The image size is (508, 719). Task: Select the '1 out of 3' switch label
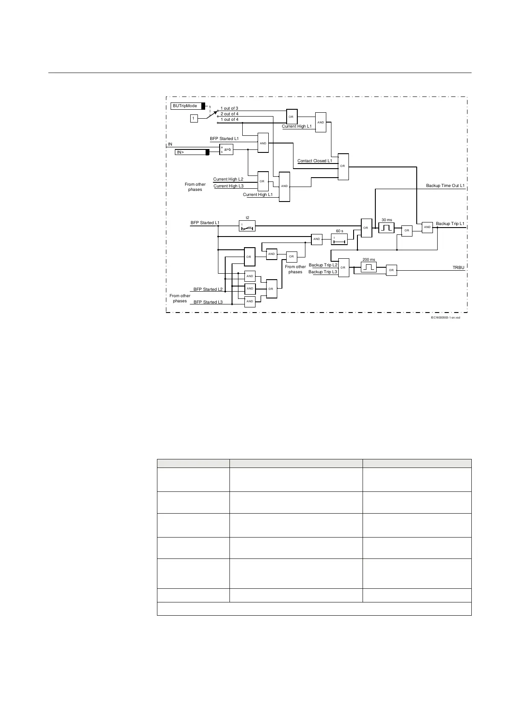click(x=229, y=108)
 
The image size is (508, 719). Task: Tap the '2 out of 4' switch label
click(x=229, y=114)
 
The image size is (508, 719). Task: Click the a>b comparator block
click(x=226, y=149)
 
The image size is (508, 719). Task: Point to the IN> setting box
click(x=192, y=152)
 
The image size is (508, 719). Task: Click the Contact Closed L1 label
click(x=314, y=161)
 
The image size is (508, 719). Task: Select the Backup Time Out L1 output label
click(x=445, y=186)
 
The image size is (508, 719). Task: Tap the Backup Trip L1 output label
click(x=450, y=224)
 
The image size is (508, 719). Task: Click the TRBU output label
click(x=458, y=267)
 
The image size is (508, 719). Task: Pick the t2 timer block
click(x=247, y=226)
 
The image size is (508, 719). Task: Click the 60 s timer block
click(x=340, y=239)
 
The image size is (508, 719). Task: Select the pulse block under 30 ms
click(x=386, y=228)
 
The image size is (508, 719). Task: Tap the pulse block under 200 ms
click(x=369, y=267)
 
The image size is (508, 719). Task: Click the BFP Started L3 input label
click(x=208, y=302)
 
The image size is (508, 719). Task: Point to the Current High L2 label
click(x=228, y=179)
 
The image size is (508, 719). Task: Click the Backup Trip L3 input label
click(x=323, y=272)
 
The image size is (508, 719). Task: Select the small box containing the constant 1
click(x=194, y=118)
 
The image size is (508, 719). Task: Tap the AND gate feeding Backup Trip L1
click(x=427, y=227)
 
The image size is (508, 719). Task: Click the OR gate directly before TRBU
click(x=391, y=270)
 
